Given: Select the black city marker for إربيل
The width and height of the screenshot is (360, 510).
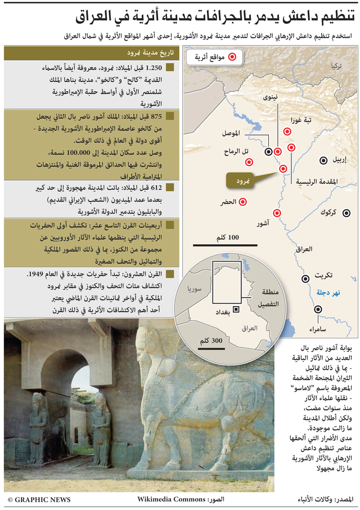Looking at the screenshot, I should [324, 160].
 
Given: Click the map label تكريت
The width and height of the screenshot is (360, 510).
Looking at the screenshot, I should [323, 275].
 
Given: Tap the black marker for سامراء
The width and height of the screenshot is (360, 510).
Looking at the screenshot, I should [318, 308].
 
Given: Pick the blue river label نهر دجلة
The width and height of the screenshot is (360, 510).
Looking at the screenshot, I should [325, 293].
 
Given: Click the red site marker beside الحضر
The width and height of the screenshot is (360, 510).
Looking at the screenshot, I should [243, 202].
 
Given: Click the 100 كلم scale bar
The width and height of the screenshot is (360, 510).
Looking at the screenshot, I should [226, 245].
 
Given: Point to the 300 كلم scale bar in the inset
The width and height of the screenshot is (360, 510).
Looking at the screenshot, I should [211, 347].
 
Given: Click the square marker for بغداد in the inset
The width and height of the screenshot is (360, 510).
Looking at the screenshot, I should [235, 309].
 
